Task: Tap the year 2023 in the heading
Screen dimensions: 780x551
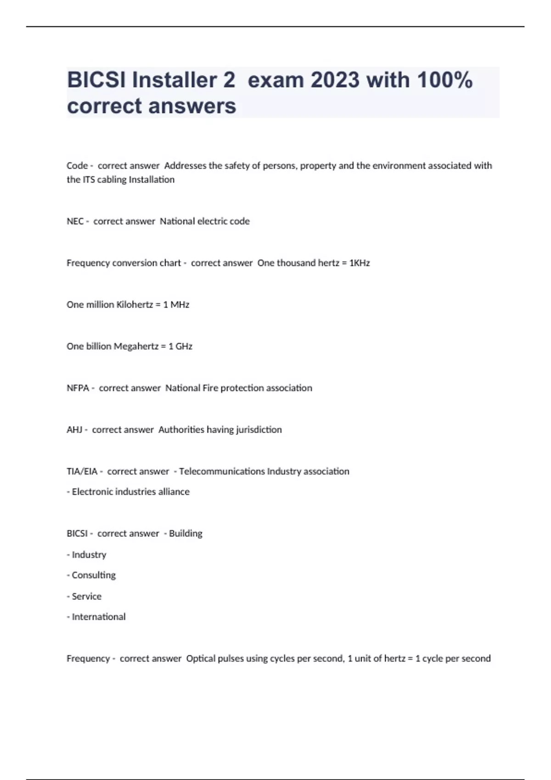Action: coord(335,80)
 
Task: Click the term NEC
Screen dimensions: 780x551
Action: coord(75,221)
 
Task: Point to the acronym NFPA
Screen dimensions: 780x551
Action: coord(78,388)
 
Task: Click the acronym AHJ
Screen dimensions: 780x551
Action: coord(74,429)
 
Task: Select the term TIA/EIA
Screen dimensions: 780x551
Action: coord(82,471)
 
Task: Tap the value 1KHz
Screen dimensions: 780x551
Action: coord(360,263)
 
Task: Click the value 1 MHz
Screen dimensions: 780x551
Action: coord(176,305)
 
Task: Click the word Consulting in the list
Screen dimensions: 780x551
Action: coord(94,575)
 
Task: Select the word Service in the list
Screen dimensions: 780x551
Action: coord(87,596)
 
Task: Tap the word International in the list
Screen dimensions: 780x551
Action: coord(99,617)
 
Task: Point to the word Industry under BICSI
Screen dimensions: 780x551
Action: coord(89,554)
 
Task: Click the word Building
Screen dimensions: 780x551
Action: coord(186,533)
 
